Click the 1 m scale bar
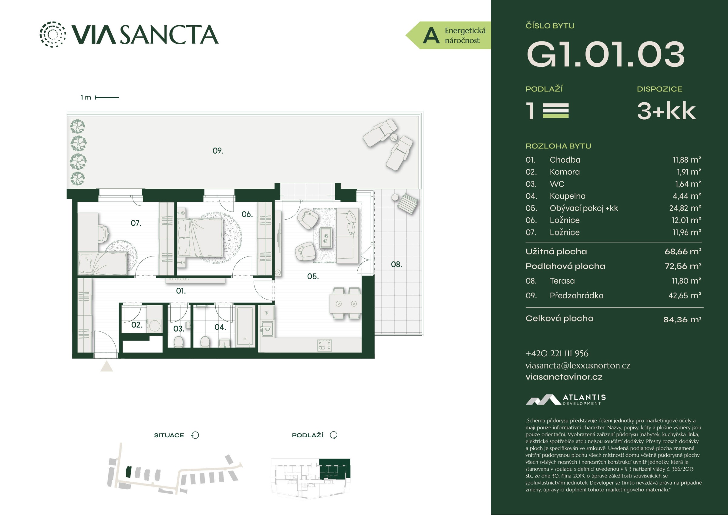pos(107,97)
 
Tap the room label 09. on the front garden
pos(218,151)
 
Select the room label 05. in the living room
pos(313,276)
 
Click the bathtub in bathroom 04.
pos(245,327)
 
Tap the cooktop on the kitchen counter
pos(325,345)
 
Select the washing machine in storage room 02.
pos(155,325)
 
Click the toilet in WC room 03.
pos(179,342)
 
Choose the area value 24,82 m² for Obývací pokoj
pos(685,208)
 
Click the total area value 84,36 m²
pos(682,320)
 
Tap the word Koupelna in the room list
pos(568,196)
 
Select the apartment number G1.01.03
pos(605,54)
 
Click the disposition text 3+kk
pos(666,111)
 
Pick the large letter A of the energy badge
pos(431,36)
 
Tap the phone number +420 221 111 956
pos(557,354)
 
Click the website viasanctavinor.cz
pos(564,377)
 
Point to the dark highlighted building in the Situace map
pos(128,472)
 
